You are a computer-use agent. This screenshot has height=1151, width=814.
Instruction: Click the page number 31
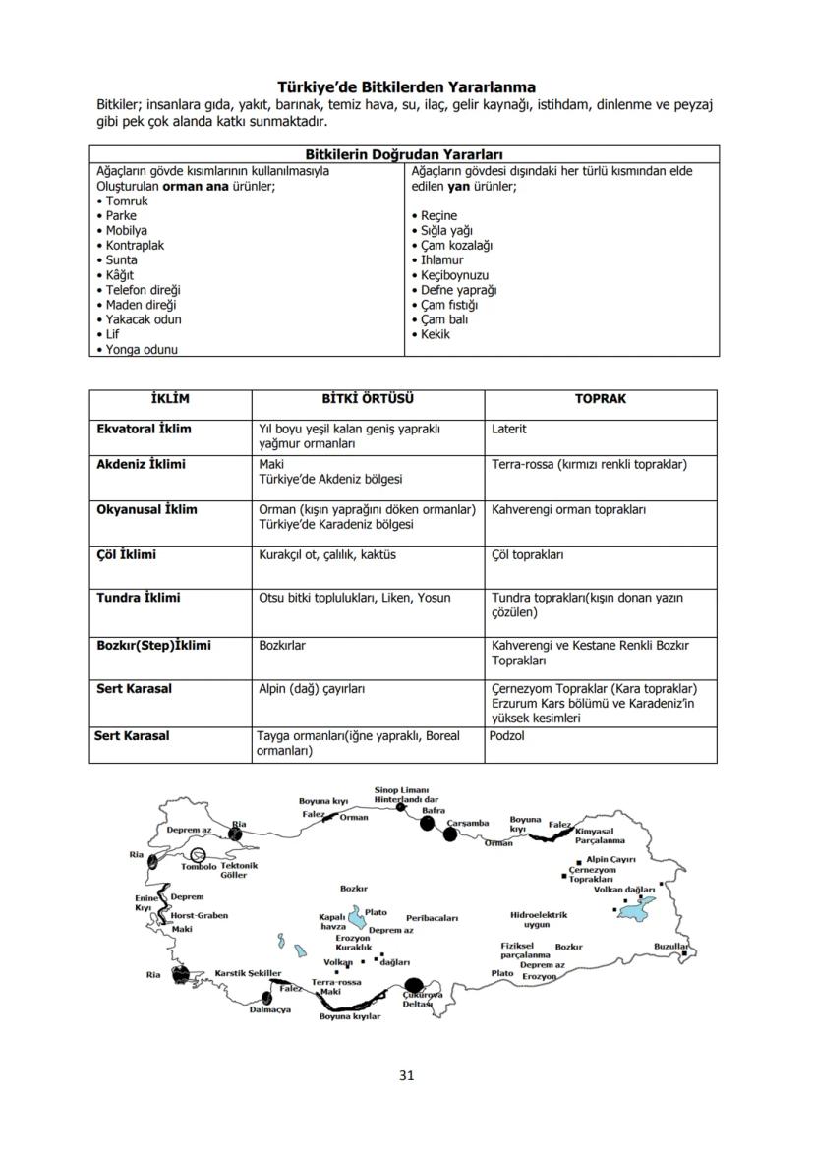coord(406,1074)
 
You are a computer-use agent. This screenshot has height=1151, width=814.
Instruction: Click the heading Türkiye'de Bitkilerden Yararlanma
coord(406,87)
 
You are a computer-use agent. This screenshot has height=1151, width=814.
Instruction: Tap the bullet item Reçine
coord(438,215)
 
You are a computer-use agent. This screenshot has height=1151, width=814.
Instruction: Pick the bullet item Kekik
coord(435,334)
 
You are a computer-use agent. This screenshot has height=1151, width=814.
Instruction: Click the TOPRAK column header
coord(600,399)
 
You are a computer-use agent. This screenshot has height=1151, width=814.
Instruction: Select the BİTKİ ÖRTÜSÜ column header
coord(368,399)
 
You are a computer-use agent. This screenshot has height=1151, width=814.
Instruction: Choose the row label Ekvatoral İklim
coord(145,430)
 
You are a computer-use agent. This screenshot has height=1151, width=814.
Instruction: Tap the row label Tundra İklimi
coord(139,598)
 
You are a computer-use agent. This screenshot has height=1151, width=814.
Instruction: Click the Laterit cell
coord(509,430)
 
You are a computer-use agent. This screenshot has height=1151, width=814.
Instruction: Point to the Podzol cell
coord(507,736)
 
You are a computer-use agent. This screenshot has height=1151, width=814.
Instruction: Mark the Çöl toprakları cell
coord(527,555)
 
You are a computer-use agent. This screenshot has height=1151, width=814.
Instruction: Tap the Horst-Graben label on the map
coord(200,915)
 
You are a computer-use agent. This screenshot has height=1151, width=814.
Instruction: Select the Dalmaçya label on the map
coord(270,1009)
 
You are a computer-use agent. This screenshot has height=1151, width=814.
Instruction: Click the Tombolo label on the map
coord(199,866)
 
